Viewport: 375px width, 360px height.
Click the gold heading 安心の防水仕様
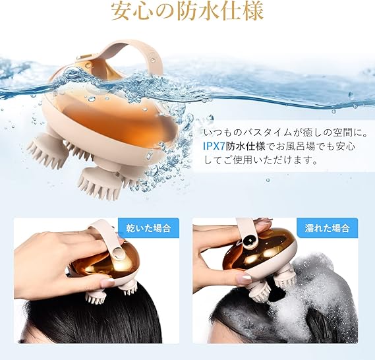click(187, 11)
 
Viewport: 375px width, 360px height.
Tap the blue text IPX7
click(214, 146)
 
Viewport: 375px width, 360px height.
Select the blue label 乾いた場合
click(148, 228)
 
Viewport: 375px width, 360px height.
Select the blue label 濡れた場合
click(327, 228)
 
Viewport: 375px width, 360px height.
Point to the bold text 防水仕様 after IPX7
click(245, 146)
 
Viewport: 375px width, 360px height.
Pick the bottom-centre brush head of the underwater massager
click(100, 182)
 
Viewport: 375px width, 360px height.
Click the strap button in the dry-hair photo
click(118, 253)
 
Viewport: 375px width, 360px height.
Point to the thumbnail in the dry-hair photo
click(107, 282)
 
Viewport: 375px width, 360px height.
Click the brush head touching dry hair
click(96, 297)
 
